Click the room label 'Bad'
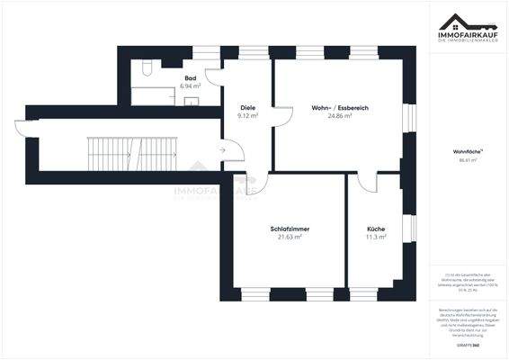[191, 78]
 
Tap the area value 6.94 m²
[191, 86]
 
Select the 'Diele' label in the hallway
[247, 108]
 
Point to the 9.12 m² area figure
[247, 116]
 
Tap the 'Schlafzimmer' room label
[289, 229]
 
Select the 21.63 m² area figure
[289, 238]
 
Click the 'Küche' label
[375, 229]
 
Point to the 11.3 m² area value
[375, 238]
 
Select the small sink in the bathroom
[191, 101]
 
